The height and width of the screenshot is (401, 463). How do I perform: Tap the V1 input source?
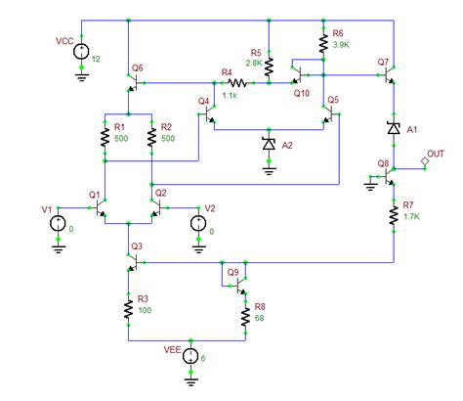pos(56,224)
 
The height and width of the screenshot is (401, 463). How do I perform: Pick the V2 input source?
pos(198,224)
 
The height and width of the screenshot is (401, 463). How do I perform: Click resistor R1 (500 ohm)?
pos(104,137)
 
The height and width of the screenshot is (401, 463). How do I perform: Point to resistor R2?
pos(150,137)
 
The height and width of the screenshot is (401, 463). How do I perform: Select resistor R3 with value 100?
pos(127,309)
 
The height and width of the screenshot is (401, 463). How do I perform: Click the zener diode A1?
pos(394,128)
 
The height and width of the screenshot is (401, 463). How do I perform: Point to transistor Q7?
pos(389,69)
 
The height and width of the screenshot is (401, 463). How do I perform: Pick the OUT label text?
pos(437,154)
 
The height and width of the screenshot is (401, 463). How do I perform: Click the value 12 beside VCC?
pos(96,59)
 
